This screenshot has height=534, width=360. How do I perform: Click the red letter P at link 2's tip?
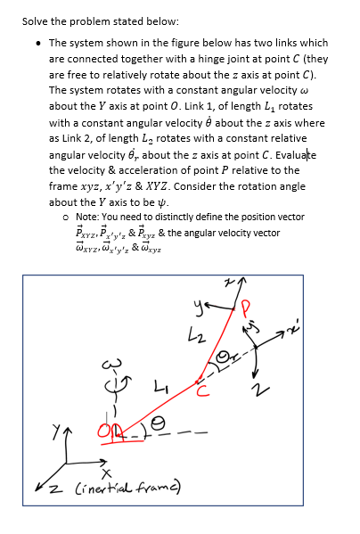pyautogui.click(x=245, y=310)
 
